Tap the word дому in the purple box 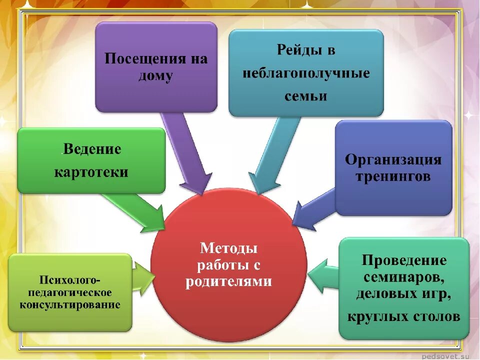click(156, 76)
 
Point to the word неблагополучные click(306, 73)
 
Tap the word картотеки click(91, 172)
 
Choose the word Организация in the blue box click(393, 160)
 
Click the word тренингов click(393, 177)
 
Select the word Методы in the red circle click(229, 248)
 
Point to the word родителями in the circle click(229, 282)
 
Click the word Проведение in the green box click(404, 260)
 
